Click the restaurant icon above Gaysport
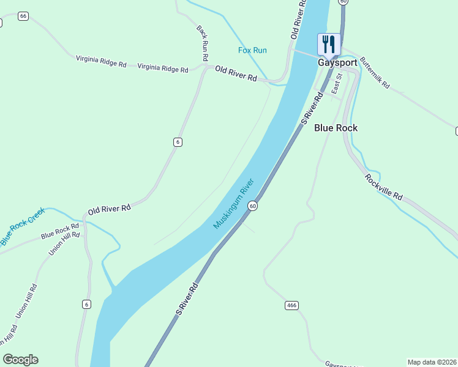pyautogui.click(x=329, y=44)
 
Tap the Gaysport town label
pyautogui.click(x=337, y=62)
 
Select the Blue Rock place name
pyautogui.click(x=336, y=128)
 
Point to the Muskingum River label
pyautogui.click(x=233, y=204)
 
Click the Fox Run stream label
pyautogui.click(x=252, y=50)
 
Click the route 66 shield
pyautogui.click(x=23, y=16)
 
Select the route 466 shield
pyautogui.click(x=291, y=305)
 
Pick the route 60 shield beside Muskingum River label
pyautogui.click(x=252, y=207)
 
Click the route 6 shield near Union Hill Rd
pyautogui.click(x=87, y=304)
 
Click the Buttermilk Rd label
pyautogui.click(x=375, y=73)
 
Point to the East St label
pyautogui.click(x=336, y=84)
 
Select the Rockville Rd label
pyautogui.click(x=384, y=187)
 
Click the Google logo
pyautogui.click(x=20, y=360)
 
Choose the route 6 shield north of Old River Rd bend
pyautogui.click(x=178, y=142)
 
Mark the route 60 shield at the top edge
pyautogui.click(x=343, y=2)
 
